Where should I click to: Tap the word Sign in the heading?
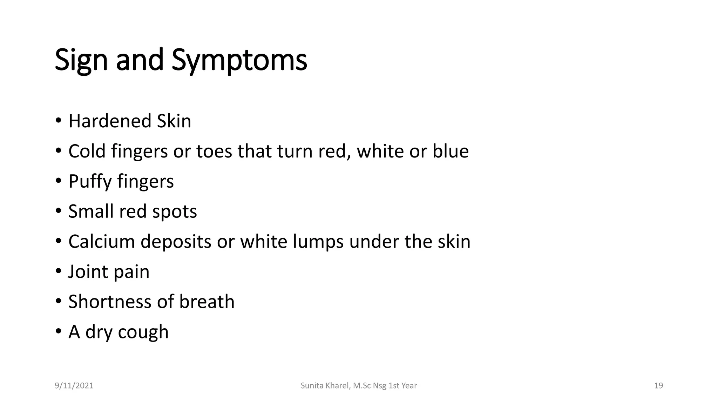(x=81, y=60)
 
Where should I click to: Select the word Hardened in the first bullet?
(x=110, y=121)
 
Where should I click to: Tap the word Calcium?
(x=102, y=242)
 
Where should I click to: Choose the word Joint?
(x=88, y=272)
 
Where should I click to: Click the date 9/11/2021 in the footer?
(x=74, y=386)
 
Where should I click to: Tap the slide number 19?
(x=658, y=386)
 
